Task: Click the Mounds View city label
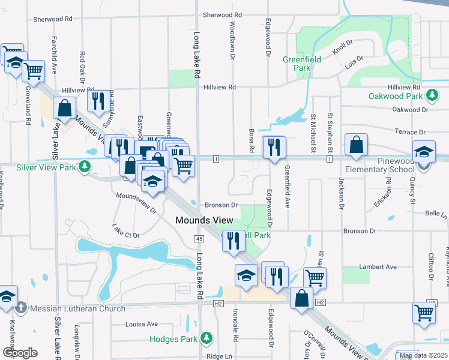point(204,221)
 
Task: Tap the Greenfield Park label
point(301,64)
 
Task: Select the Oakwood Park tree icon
point(431,96)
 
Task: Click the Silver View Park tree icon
point(85,167)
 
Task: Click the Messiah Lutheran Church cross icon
point(21,308)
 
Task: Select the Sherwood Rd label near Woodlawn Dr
point(222,15)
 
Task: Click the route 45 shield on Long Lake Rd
point(199,239)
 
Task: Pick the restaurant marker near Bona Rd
point(274,147)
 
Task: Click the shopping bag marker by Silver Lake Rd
point(65,108)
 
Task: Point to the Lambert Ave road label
point(378,267)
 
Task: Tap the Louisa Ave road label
point(141,324)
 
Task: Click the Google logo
point(20,353)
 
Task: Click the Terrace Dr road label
point(410,132)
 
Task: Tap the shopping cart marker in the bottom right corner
point(424,313)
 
